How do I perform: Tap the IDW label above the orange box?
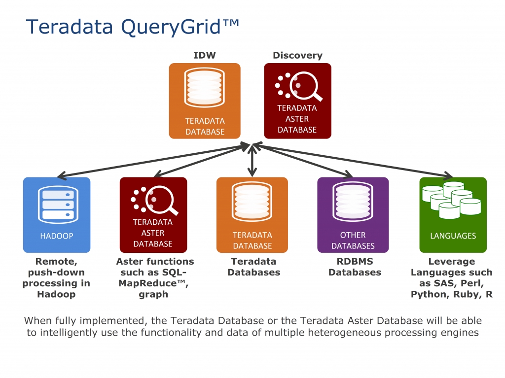(205, 55)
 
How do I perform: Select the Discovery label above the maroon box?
(297, 55)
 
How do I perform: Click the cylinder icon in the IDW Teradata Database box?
(205, 87)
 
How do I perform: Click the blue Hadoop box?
(57, 215)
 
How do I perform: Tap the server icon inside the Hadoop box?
(58, 205)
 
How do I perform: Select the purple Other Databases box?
(353, 215)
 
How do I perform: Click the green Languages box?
(453, 215)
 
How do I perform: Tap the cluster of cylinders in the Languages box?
(452, 200)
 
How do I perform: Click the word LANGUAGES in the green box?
(453, 236)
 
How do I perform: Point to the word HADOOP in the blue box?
(57, 236)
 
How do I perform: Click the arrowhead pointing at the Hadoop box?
(62, 175)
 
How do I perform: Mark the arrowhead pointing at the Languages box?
(449, 175)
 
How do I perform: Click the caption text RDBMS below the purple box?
(355, 261)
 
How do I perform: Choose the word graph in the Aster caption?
(153, 295)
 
